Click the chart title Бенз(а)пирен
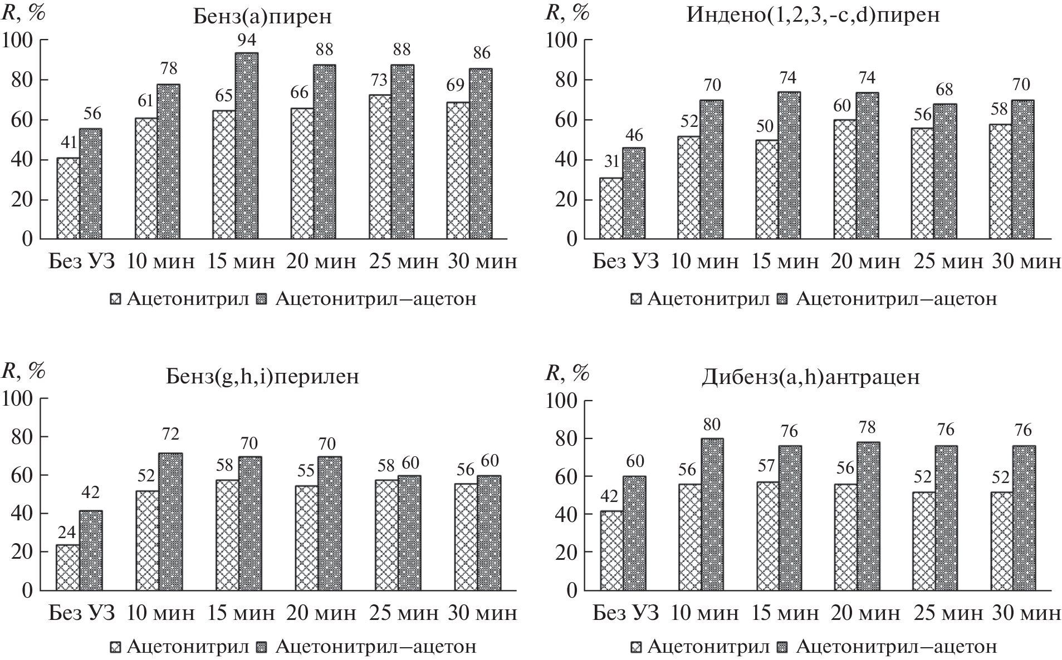point(262,17)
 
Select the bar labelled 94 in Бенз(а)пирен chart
point(246,146)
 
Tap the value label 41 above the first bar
point(68,144)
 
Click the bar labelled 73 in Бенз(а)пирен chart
point(380,167)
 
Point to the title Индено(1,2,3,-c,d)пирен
point(814,14)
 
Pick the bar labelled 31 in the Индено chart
point(611,209)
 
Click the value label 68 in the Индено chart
point(944,90)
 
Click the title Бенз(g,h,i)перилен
point(262,377)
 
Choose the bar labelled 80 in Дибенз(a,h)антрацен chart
point(712,514)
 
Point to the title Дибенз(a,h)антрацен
point(810,377)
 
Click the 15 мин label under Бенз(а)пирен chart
point(241,261)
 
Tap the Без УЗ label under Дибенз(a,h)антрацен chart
point(625,613)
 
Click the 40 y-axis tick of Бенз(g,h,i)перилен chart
point(21,514)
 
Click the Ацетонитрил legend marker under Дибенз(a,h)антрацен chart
point(637,647)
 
